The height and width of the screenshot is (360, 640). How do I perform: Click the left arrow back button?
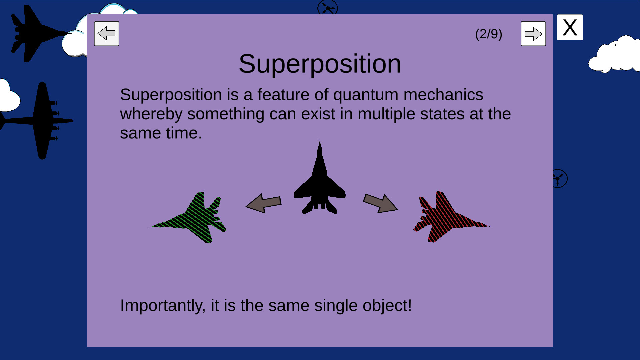107,34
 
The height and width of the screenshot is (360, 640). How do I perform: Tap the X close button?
570,27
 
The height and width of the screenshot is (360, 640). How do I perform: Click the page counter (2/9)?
489,34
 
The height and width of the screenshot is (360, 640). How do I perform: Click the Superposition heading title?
320,64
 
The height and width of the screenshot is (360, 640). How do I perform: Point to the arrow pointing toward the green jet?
264,203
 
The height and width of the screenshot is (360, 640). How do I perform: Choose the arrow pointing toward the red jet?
380,203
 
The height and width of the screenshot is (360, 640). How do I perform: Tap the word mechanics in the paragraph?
443,95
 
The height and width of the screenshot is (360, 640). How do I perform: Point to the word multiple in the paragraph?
386,114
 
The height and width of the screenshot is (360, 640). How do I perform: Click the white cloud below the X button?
614,55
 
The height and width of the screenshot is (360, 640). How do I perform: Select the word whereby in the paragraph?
151,114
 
